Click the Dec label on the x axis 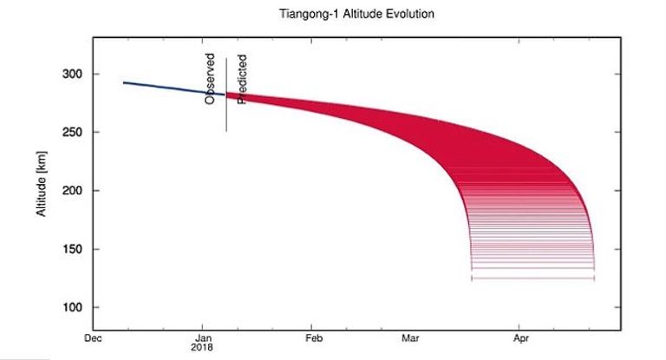click(93, 339)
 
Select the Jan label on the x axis click(204, 339)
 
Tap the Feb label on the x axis click(314, 339)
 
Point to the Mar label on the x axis click(414, 339)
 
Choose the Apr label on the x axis click(522, 339)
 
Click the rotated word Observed click(210, 80)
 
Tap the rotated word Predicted click(243, 80)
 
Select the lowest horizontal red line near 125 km click(532, 278)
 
